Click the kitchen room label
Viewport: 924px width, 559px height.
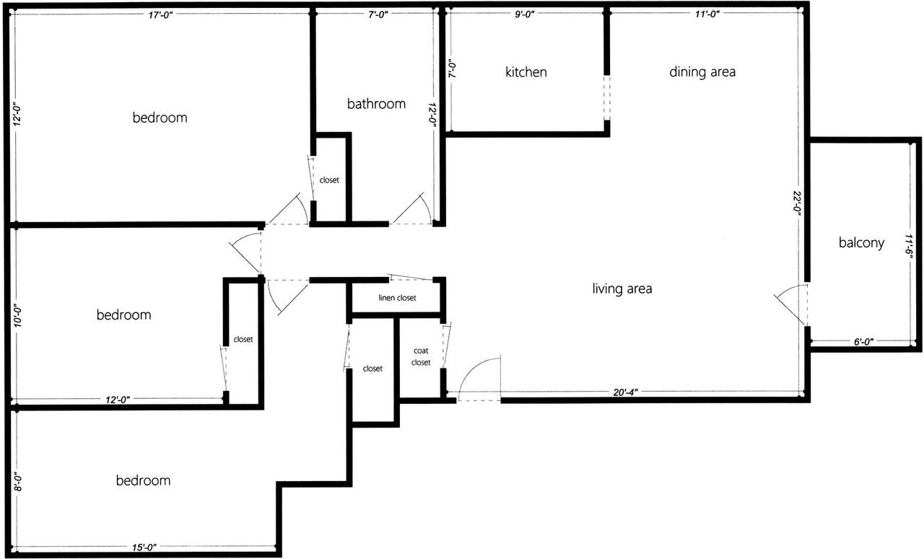tap(526, 72)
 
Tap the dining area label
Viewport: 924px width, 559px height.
tap(702, 71)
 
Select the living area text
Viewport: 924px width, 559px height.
tap(622, 289)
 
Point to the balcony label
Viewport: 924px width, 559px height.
tap(861, 243)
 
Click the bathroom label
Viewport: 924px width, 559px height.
tap(376, 104)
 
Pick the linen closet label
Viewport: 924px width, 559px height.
tap(397, 298)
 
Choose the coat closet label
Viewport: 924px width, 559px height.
tap(421, 357)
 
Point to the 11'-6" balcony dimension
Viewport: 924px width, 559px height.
tap(910, 245)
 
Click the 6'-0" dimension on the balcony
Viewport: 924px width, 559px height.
tap(863, 342)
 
